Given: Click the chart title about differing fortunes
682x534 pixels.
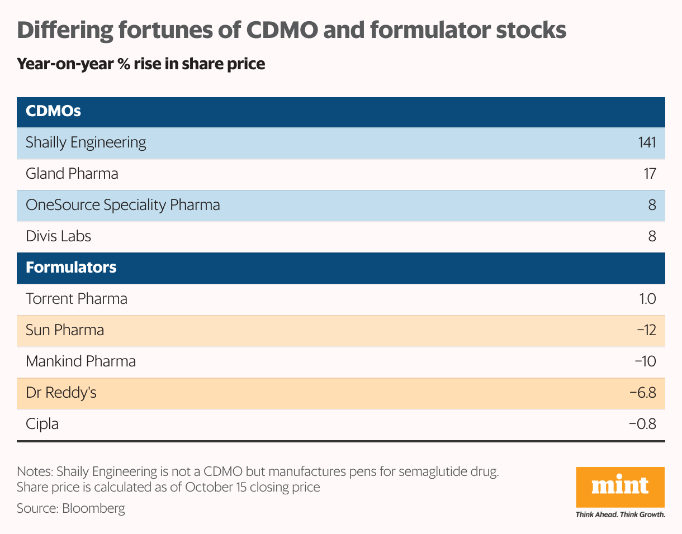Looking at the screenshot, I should (x=291, y=31).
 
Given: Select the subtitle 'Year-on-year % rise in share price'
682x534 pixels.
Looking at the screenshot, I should (x=141, y=64).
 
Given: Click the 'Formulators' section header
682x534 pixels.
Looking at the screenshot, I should (x=71, y=268).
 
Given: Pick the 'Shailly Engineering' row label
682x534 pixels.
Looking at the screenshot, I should (x=86, y=142).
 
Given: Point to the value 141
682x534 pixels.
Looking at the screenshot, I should (x=646, y=142).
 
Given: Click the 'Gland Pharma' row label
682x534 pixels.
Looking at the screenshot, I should (x=72, y=174).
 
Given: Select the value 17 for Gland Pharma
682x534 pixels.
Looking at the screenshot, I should (x=649, y=174).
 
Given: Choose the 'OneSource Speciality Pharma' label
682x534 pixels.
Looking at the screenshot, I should (x=123, y=205).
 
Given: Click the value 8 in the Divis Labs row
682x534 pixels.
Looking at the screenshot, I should (x=651, y=236).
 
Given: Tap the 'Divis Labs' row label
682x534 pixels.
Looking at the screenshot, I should (x=59, y=236).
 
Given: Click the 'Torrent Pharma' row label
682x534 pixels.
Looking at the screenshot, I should (x=77, y=299).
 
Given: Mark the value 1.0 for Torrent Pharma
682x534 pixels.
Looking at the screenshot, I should (x=647, y=299).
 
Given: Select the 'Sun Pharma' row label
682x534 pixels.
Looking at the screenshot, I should (x=65, y=330).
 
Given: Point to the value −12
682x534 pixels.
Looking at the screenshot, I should (x=646, y=330).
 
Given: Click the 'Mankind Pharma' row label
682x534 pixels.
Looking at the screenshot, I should (x=81, y=361).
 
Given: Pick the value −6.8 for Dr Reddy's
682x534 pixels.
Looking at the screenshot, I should (x=642, y=393).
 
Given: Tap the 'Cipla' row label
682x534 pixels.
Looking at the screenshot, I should (x=42, y=424).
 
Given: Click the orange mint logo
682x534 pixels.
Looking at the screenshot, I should (x=620, y=486).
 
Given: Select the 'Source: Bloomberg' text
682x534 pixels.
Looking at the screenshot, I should (x=71, y=508).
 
